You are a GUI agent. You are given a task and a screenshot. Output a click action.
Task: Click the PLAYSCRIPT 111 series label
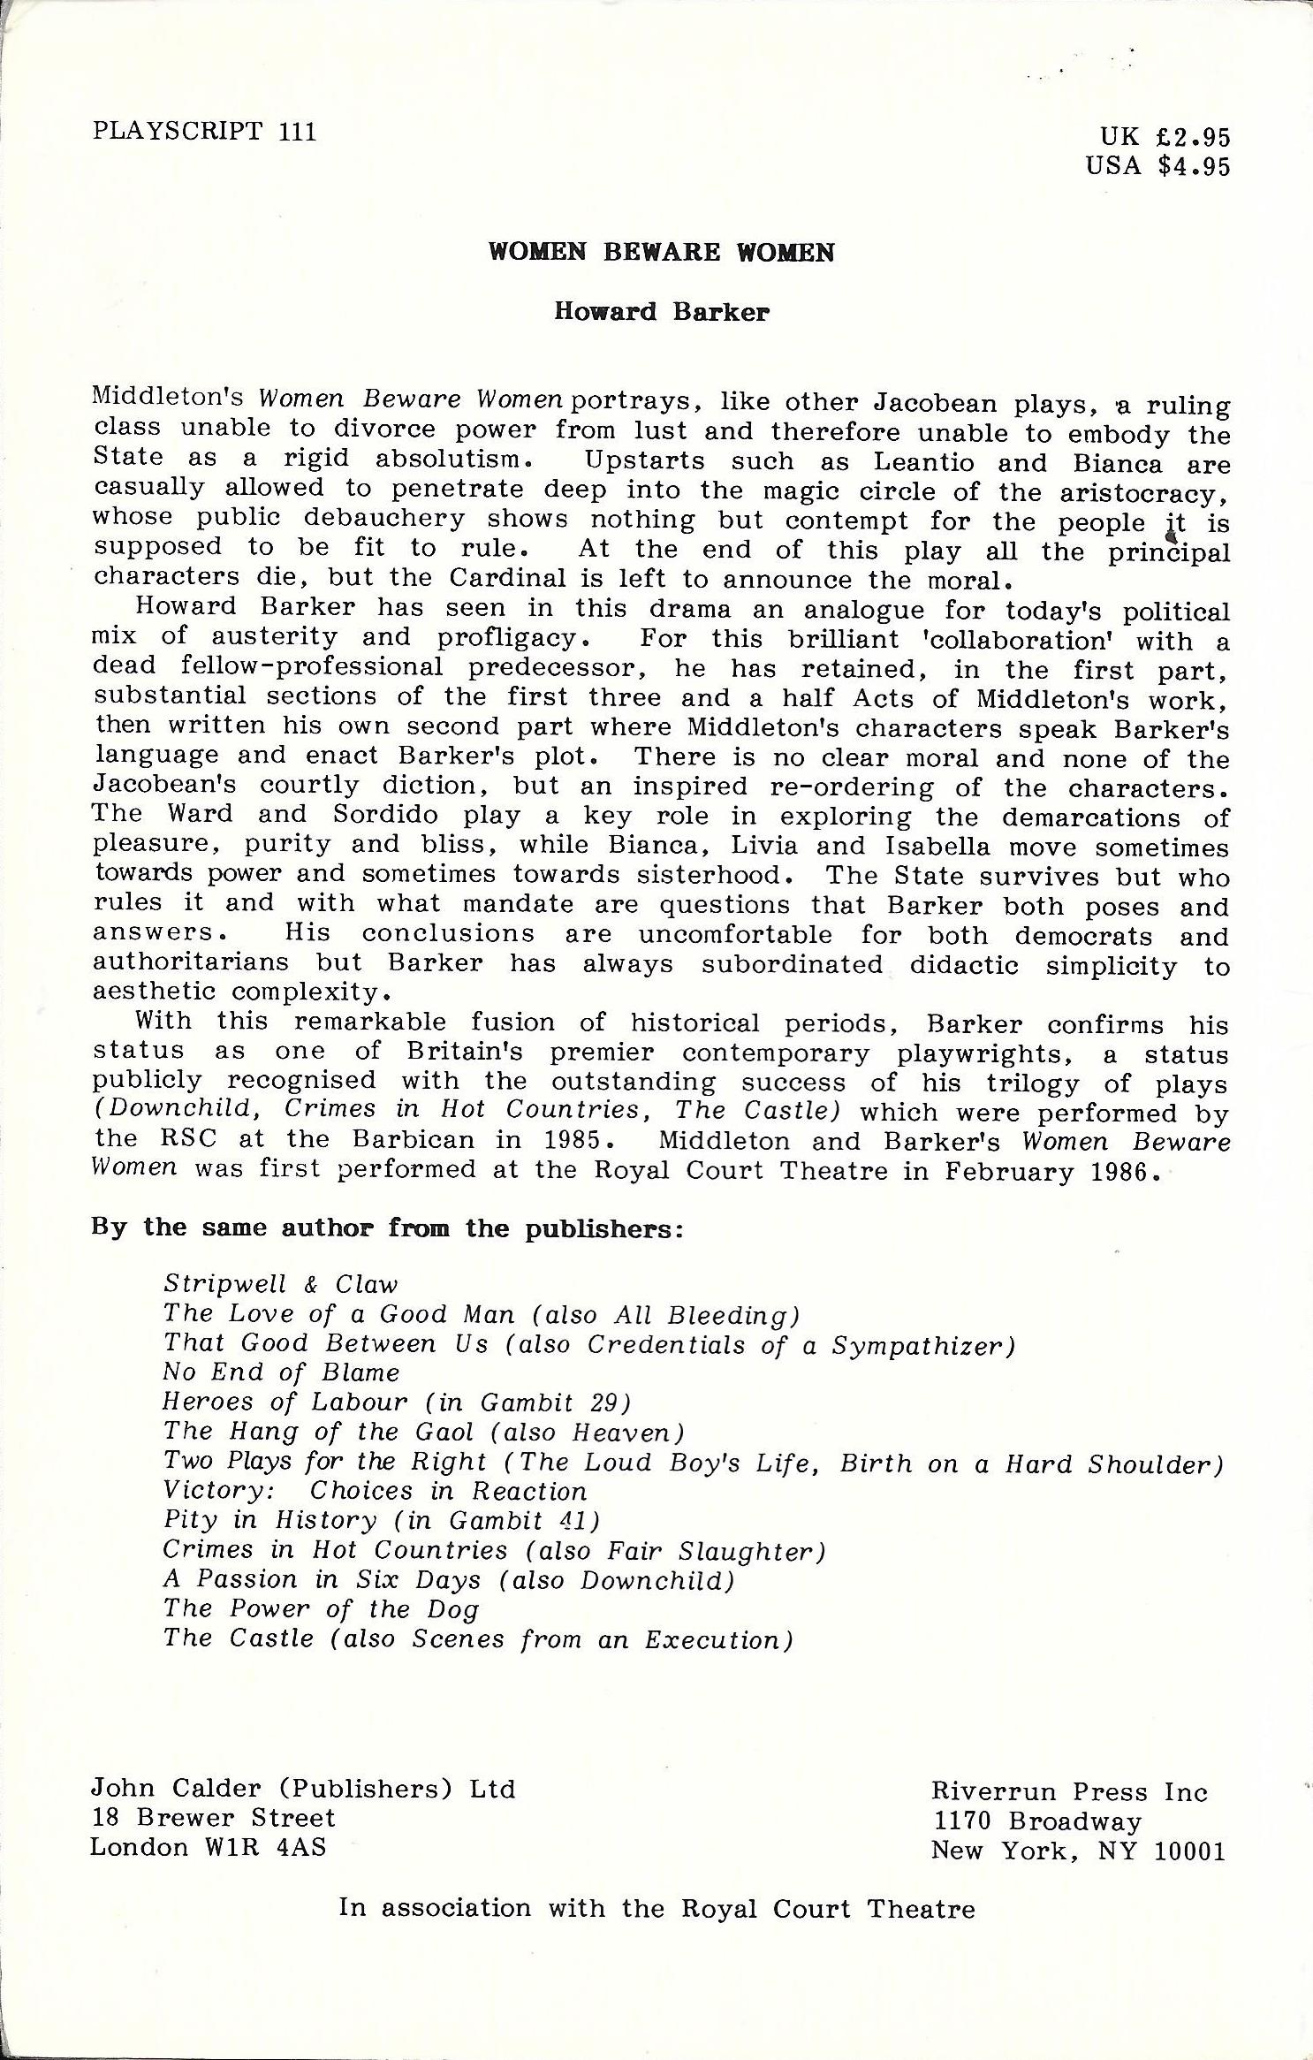pos(203,132)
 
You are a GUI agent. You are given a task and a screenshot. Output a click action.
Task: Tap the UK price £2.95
pos(1165,137)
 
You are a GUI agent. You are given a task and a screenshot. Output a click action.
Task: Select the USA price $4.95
pos(1158,166)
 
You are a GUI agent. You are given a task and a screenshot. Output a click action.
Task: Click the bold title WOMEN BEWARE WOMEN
pos(661,253)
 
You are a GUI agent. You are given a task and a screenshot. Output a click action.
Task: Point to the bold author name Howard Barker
pos(661,312)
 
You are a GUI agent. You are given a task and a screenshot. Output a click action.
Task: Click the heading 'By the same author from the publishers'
pos(387,1229)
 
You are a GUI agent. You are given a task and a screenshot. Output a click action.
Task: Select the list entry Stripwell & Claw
pos(280,1285)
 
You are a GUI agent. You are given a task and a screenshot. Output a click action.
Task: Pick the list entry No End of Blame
pos(281,1372)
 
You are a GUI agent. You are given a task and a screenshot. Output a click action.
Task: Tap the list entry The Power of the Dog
pos(321,1609)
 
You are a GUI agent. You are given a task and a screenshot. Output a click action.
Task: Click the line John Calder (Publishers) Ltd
pos(302,1790)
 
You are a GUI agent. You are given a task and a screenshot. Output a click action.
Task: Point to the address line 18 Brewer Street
pos(213,1819)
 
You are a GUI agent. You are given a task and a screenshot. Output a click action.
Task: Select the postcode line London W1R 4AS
pos(208,1848)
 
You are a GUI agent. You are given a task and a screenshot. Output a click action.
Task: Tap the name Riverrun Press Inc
pos(1069,1792)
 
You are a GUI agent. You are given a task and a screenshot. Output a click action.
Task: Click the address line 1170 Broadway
pos(1036,1821)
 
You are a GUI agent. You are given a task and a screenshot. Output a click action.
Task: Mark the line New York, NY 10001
pos(1078,1851)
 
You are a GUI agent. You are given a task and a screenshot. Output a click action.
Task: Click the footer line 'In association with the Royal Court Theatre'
pos(656,1909)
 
